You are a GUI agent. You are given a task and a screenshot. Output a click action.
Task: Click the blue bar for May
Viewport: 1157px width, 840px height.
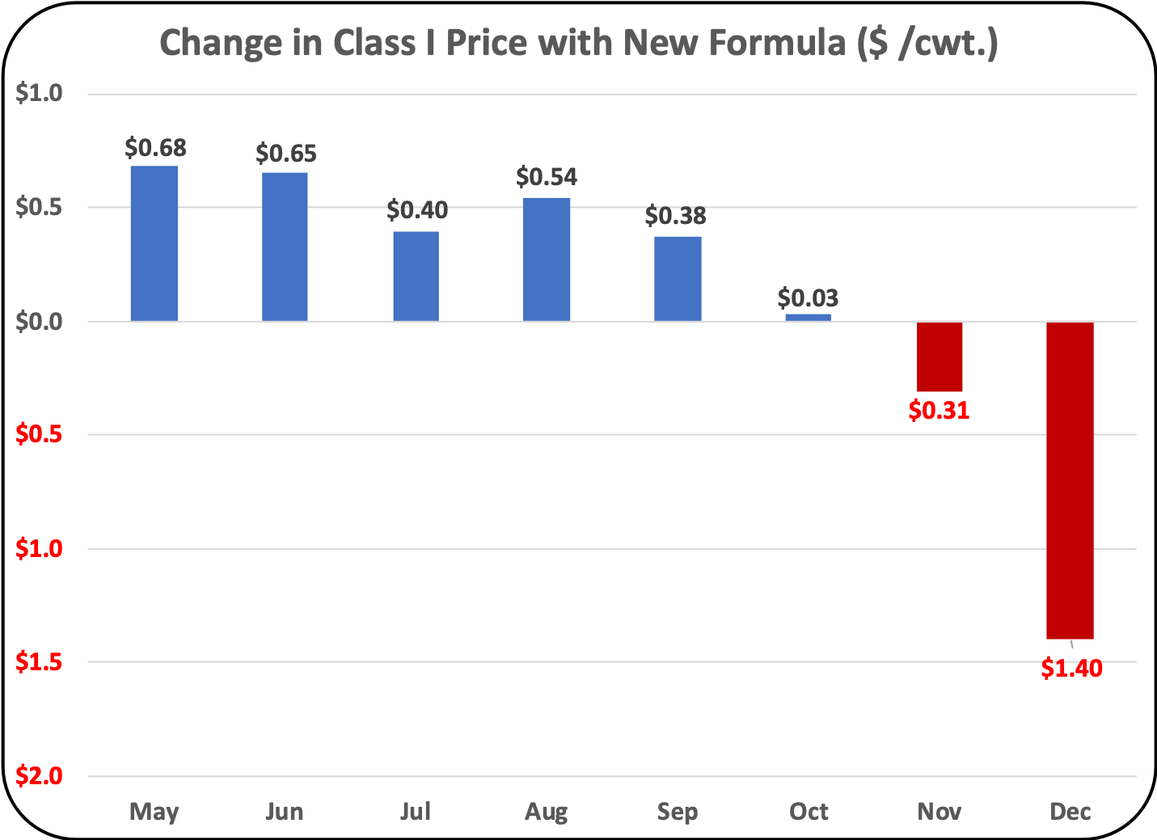click(154, 243)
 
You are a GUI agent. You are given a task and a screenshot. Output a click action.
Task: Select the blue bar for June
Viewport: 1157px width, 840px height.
click(285, 247)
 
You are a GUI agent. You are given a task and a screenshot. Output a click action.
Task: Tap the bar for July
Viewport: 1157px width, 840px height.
click(416, 276)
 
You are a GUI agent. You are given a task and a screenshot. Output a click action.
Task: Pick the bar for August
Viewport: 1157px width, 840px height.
click(547, 260)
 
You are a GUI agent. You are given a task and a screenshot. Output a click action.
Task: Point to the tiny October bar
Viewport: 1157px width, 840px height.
click(808, 317)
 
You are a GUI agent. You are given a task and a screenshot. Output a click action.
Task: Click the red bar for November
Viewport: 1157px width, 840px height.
click(939, 357)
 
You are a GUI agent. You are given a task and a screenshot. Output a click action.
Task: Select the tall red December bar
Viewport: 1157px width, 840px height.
click(1070, 480)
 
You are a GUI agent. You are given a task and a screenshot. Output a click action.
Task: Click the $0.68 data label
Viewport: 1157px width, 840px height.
click(155, 148)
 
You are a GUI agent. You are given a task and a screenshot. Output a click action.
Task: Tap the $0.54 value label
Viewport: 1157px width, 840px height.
click(547, 176)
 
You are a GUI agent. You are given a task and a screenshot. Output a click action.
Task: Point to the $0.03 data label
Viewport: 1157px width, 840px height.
click(808, 298)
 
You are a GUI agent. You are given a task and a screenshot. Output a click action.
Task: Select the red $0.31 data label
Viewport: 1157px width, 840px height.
click(939, 411)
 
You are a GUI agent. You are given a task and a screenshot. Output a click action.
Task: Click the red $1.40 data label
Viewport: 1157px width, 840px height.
click(1071, 669)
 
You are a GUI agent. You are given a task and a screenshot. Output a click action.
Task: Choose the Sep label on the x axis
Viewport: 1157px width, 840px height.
click(678, 812)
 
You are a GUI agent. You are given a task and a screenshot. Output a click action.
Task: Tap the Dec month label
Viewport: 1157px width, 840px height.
click(1070, 812)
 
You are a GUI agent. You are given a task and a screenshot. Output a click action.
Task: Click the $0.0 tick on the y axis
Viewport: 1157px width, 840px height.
click(39, 322)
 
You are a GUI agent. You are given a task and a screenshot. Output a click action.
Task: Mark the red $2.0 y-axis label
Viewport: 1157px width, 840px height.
click(39, 776)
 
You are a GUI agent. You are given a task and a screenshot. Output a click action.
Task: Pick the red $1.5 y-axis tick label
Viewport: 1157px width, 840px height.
click(39, 663)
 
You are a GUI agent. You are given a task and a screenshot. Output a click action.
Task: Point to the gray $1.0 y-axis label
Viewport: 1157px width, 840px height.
click(39, 94)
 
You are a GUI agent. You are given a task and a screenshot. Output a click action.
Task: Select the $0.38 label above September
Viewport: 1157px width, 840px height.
click(675, 216)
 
